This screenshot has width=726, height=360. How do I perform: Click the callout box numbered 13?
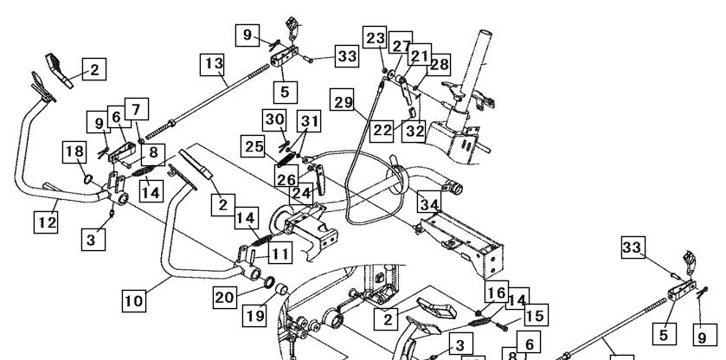tap(212, 64)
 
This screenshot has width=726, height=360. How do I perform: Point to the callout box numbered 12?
tap(46, 222)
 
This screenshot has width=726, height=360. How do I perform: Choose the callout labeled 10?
tap(134, 300)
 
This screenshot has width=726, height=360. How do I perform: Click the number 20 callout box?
tap(225, 297)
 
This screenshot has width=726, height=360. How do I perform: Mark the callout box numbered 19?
tap(254, 315)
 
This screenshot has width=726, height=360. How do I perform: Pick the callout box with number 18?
tap(74, 152)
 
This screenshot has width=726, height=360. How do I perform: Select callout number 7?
tap(136, 109)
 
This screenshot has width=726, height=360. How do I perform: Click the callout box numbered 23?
tap(375, 37)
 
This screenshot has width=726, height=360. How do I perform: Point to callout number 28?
tap(439, 64)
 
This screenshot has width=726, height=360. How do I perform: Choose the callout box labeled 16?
tap(497, 292)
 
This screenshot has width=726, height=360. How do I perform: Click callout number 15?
tap(536, 315)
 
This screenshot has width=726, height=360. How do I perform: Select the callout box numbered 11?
tap(280, 253)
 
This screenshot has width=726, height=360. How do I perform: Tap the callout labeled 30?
tap(274, 120)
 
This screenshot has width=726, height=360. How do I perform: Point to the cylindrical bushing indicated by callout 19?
tap(282, 290)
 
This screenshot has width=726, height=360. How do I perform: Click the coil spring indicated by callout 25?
tap(286, 159)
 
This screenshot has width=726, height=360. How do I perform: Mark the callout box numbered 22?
tap(382, 130)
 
